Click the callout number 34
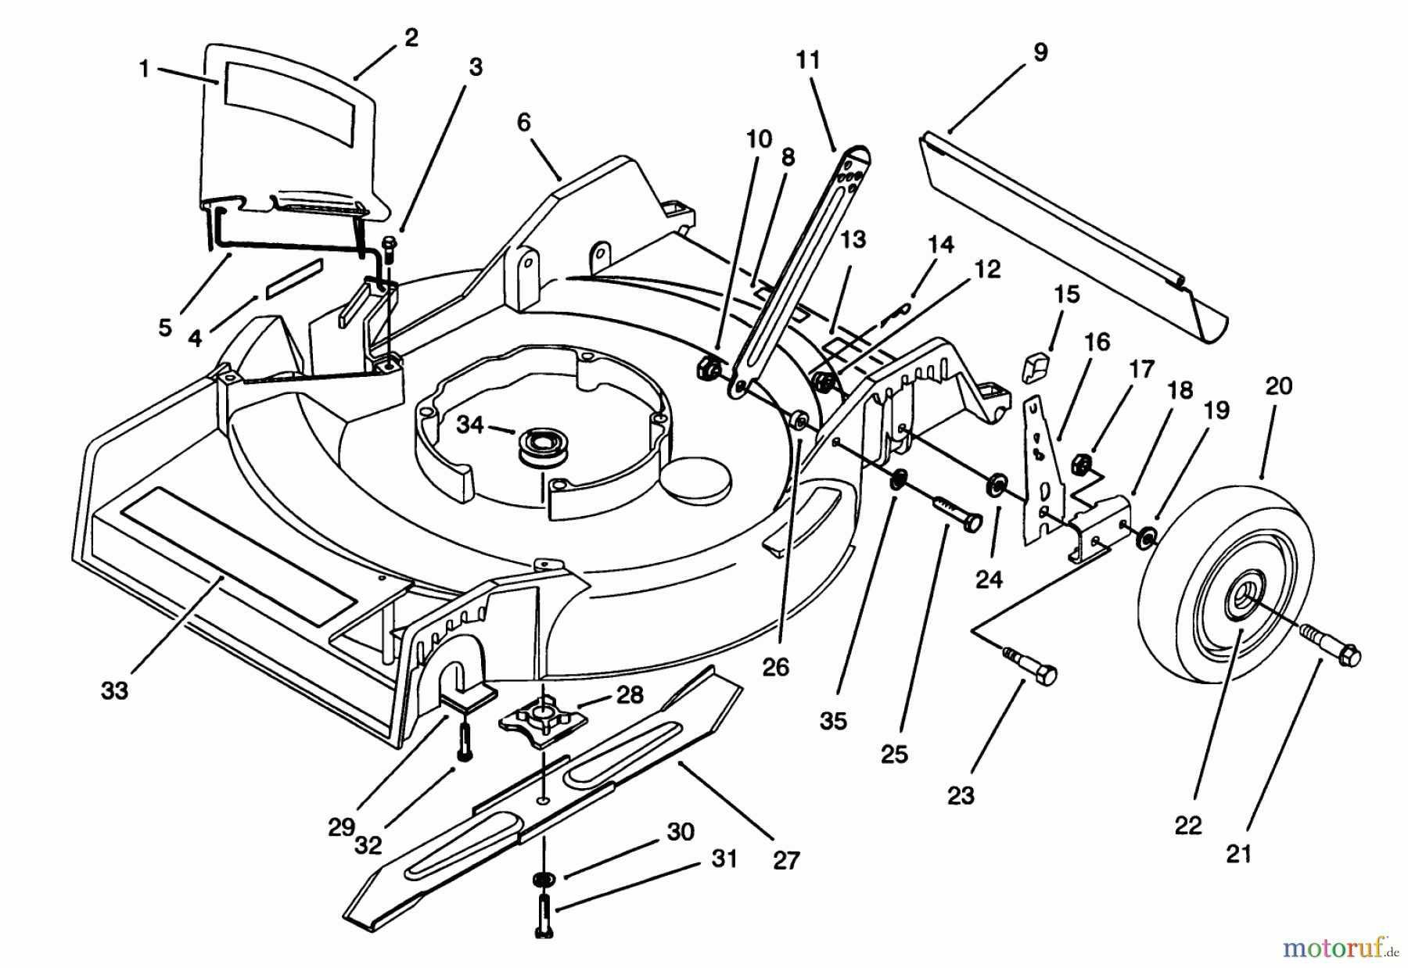(x=470, y=425)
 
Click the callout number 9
(x=1040, y=52)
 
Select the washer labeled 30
(x=541, y=880)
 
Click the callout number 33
(x=114, y=691)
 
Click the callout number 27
(x=786, y=861)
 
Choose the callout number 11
(x=808, y=60)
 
